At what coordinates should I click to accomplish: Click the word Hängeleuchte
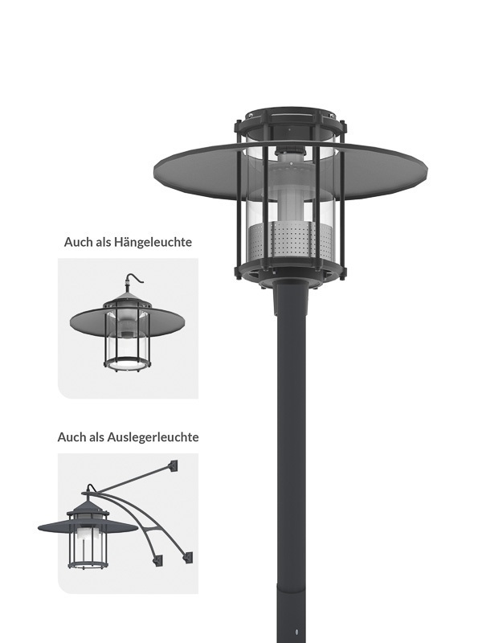[x=153, y=243]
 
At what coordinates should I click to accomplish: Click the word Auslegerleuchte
[x=153, y=437]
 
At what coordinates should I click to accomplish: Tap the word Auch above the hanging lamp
[x=78, y=242]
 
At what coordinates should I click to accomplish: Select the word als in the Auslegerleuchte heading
[x=96, y=437]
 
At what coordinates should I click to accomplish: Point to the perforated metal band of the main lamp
[x=291, y=241]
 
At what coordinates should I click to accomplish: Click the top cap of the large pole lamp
[x=291, y=116]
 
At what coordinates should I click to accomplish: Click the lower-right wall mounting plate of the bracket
[x=187, y=558]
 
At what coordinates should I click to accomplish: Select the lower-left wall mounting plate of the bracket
[x=157, y=560]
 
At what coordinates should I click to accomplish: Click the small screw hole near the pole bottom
[x=296, y=632]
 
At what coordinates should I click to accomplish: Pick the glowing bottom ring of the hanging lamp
[x=127, y=364]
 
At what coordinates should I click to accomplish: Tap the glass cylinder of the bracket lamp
[x=88, y=544]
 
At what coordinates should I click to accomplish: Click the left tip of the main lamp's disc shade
[x=155, y=170]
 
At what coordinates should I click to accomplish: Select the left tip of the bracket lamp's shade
[x=39, y=528]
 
